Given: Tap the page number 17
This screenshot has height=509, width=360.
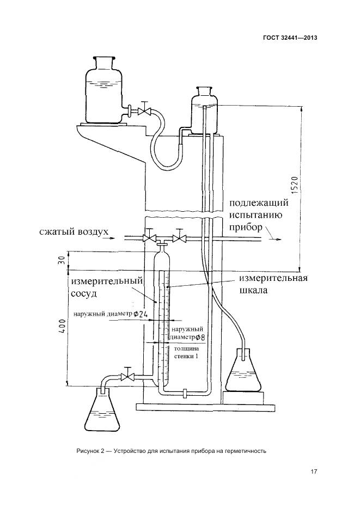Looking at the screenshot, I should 314,471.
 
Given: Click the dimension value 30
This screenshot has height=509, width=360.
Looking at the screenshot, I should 62,259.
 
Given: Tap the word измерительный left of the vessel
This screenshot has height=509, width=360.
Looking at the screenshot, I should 107,281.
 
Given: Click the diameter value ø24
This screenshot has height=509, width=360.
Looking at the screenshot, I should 142,314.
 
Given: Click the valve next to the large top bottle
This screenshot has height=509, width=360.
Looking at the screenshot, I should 144,111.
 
